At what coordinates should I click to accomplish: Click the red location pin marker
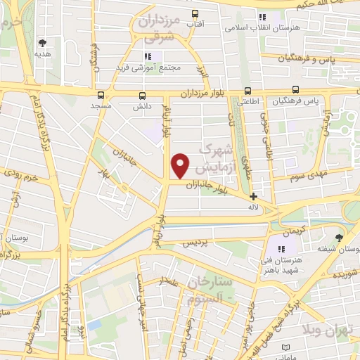181,166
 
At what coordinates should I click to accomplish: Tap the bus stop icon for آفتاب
195,13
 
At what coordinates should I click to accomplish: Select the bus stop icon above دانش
143,95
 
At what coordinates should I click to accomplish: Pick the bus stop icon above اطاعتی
247,91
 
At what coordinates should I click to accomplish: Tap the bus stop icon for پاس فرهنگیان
296,90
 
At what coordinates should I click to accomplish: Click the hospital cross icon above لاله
253,198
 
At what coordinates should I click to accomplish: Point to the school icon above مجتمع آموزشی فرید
148,56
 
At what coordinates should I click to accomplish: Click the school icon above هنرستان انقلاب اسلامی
262,17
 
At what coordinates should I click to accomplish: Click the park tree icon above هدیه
43,42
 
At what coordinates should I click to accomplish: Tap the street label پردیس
196,243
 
